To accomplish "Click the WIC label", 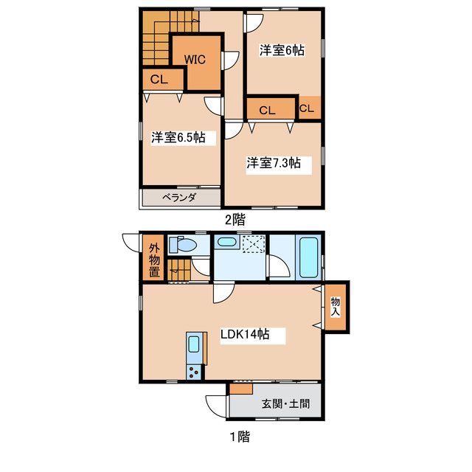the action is pyautogui.click(x=195, y=59).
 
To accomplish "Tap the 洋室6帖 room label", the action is pyautogui.click(x=282, y=50).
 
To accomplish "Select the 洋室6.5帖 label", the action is pyautogui.click(x=178, y=137).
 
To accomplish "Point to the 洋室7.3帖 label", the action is pyautogui.click(x=274, y=163).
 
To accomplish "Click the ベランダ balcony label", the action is pyautogui.click(x=179, y=198).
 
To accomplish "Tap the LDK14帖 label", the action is pyautogui.click(x=245, y=334).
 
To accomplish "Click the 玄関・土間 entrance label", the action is pyautogui.click(x=285, y=403).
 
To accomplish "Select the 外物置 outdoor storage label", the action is pyautogui.click(x=154, y=260).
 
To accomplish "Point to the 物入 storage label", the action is pyautogui.click(x=335, y=307).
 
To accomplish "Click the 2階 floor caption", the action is pyautogui.click(x=235, y=220).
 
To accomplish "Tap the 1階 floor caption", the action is pyautogui.click(x=240, y=437).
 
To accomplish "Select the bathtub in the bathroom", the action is pyautogui.click(x=308, y=257).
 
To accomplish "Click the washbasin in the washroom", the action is pyautogui.click(x=226, y=241).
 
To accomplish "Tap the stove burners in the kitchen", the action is pyautogui.click(x=194, y=372).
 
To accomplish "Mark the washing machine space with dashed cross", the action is pyautogui.click(x=254, y=244).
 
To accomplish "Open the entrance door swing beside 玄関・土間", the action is pyautogui.click(x=216, y=406).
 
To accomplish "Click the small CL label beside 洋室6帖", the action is pyautogui.click(x=307, y=108).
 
